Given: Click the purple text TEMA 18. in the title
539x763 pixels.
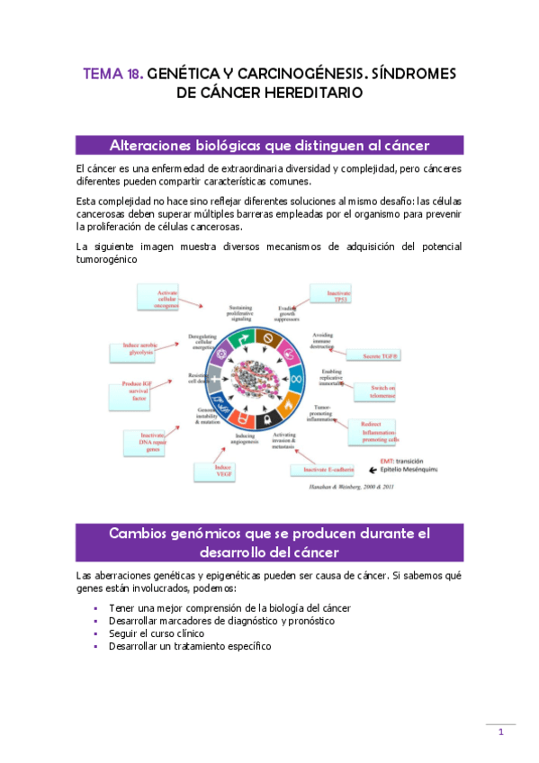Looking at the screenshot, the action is click(112, 75).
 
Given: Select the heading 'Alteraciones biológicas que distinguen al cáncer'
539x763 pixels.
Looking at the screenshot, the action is click(270, 146).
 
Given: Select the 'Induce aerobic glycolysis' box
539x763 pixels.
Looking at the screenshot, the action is click(135, 351).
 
